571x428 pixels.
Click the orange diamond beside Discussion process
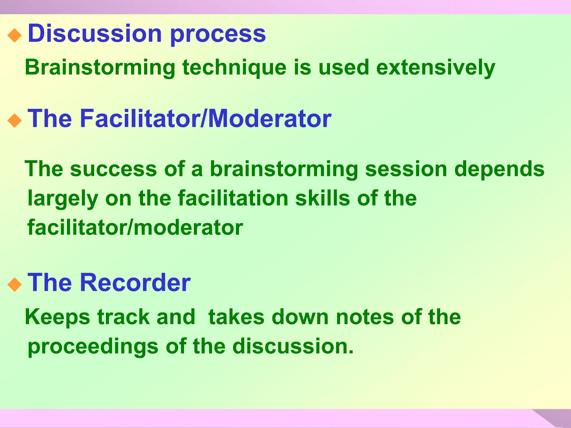pyautogui.click(x=14, y=35)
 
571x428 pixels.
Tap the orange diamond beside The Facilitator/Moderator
pyautogui.click(x=14, y=121)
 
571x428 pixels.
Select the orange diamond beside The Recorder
pyautogui.click(x=14, y=284)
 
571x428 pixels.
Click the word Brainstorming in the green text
pyautogui.click(x=100, y=68)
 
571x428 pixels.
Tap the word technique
pyautogui.click(x=234, y=68)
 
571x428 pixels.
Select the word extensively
pyautogui.click(x=435, y=68)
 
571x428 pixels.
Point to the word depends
pyautogui.click(x=499, y=169)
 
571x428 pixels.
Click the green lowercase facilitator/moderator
pyautogui.click(x=135, y=227)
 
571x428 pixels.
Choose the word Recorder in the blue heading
pyautogui.click(x=136, y=283)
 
